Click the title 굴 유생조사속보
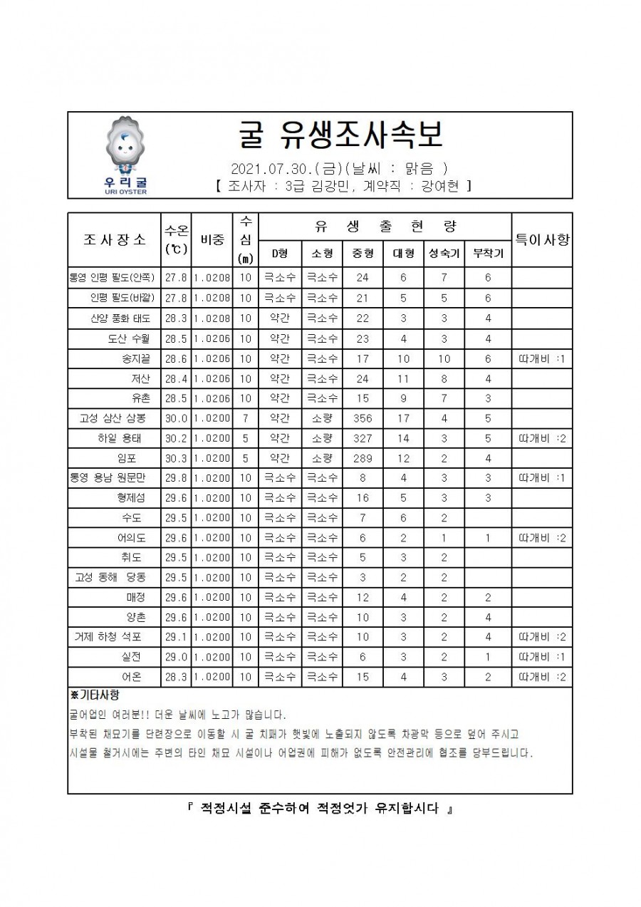[341, 134]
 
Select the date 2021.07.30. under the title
[264, 170]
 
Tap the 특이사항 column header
[542, 239]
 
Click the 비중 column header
[212, 239]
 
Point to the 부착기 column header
[488, 253]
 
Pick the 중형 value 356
[362, 419]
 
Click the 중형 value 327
[362, 439]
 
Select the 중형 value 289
[362, 458]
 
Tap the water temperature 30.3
[175, 458]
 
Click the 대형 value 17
[403, 419]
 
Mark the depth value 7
[245, 419]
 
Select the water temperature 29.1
[175, 637]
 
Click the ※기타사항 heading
[90, 695]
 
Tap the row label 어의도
[132, 538]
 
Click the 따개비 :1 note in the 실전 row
[542, 657]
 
